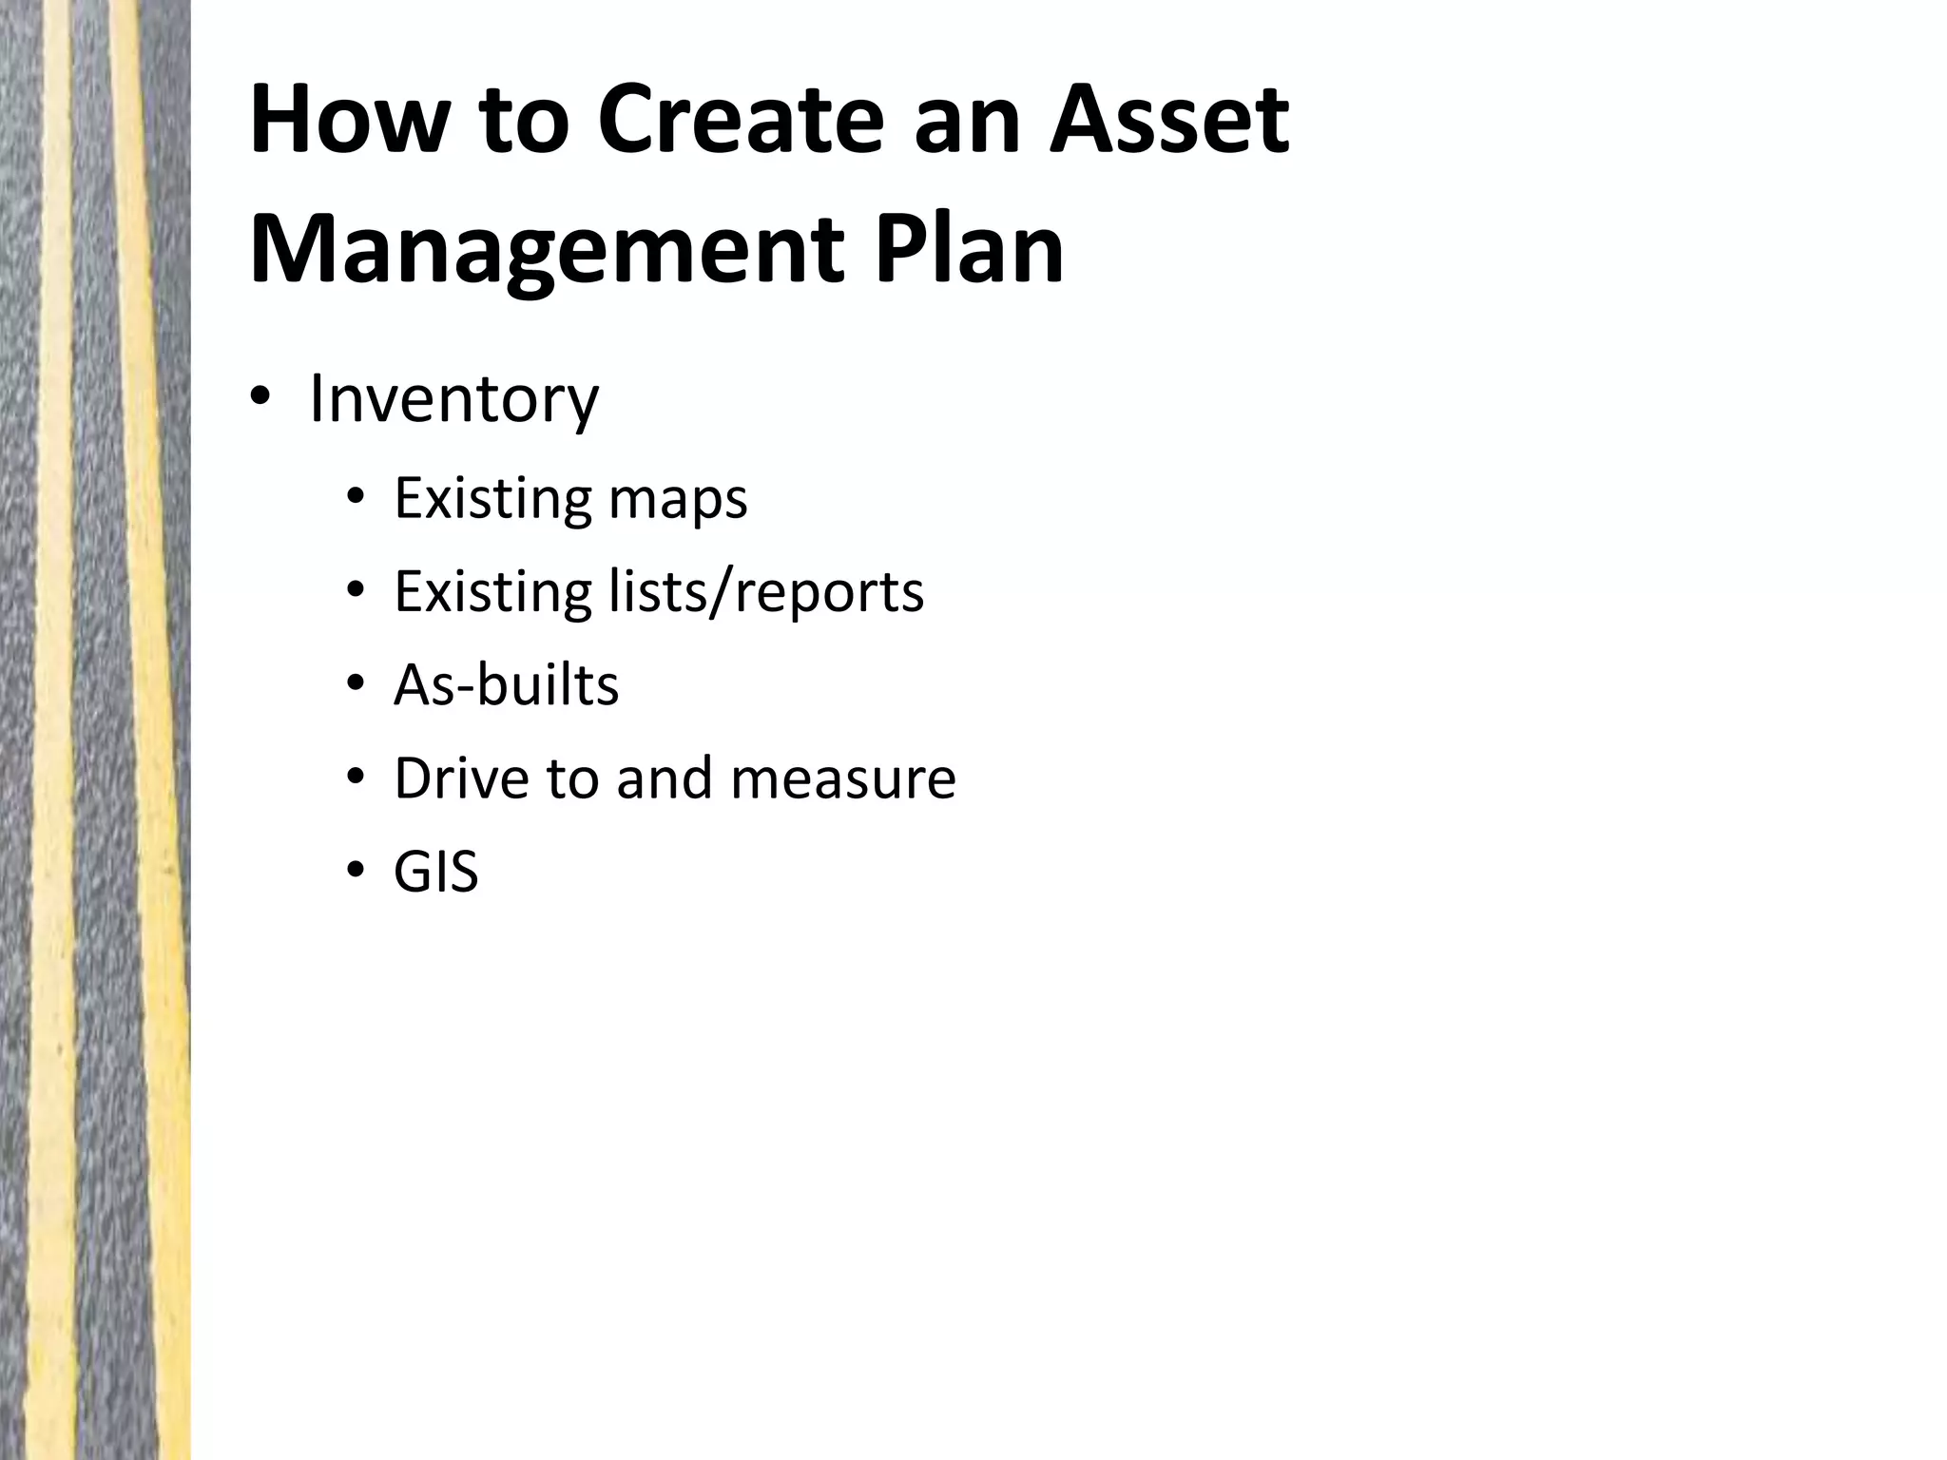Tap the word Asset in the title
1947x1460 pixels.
pos(1168,122)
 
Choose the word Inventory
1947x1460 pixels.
pos(454,399)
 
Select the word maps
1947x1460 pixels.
pos(678,499)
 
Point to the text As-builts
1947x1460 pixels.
pos(506,685)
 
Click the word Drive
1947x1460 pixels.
pos(461,778)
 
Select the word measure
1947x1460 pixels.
pos(843,778)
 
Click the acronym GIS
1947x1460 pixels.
pos(435,872)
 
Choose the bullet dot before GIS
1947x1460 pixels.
pos(356,872)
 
